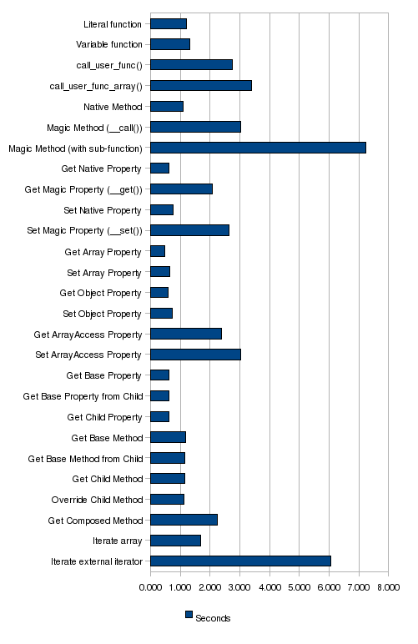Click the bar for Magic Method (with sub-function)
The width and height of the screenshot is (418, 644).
[x=259, y=148]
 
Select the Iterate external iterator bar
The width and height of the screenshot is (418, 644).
[x=240, y=561]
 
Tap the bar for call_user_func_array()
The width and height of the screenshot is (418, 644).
[x=201, y=86]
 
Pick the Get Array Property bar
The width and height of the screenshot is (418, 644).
[x=158, y=251]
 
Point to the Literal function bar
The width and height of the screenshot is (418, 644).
[x=169, y=24]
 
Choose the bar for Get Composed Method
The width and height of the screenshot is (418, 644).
[x=184, y=520]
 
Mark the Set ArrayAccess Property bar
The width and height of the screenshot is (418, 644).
[x=196, y=355]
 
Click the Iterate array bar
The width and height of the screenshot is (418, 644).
[x=176, y=541]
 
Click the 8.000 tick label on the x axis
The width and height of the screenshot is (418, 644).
[x=388, y=587]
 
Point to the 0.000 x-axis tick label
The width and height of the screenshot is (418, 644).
[x=150, y=587]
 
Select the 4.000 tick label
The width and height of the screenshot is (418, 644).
[x=269, y=587]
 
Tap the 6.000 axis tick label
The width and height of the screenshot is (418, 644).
[x=329, y=587]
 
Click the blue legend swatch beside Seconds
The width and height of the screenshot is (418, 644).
[x=189, y=615]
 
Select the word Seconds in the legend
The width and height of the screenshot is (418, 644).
[x=213, y=618]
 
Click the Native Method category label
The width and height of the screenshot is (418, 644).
[x=113, y=107]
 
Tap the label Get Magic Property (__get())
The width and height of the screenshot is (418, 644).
[x=83, y=189]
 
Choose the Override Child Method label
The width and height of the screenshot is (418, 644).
[x=97, y=500]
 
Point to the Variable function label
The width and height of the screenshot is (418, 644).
[x=109, y=44]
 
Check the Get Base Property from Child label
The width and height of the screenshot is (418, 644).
[x=83, y=396]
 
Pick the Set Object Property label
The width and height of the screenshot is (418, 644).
[x=102, y=314]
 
